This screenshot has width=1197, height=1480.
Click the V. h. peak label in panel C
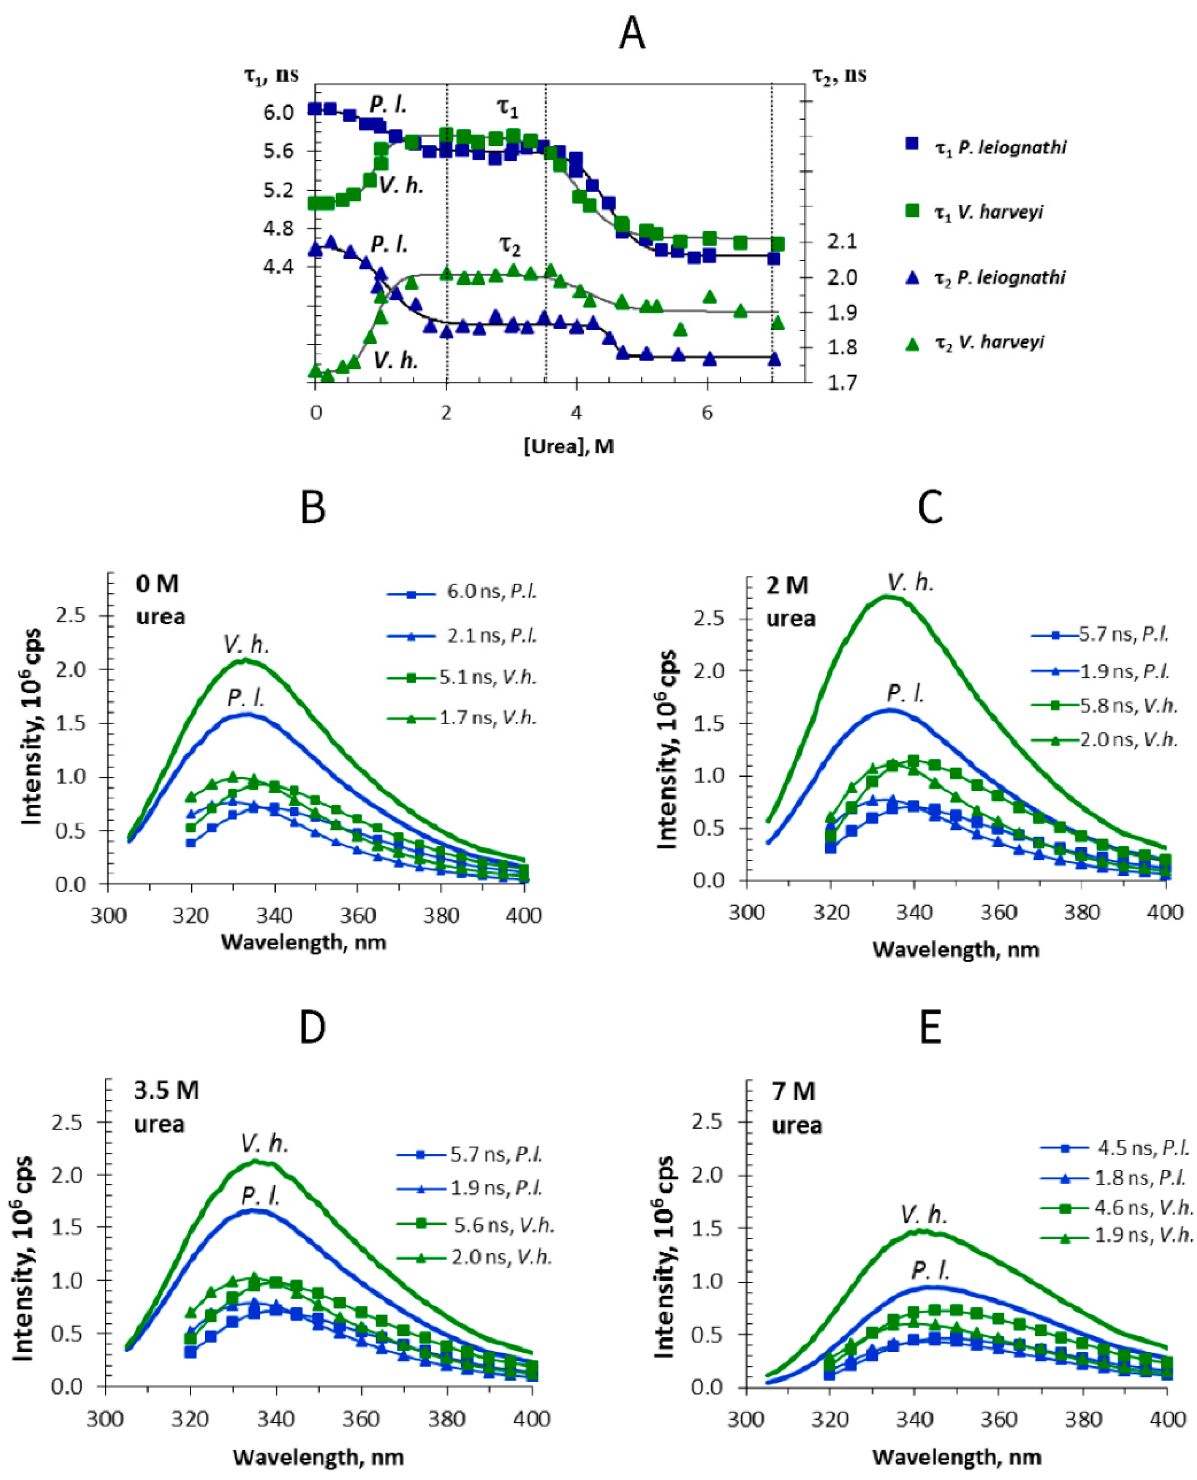[910, 583]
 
